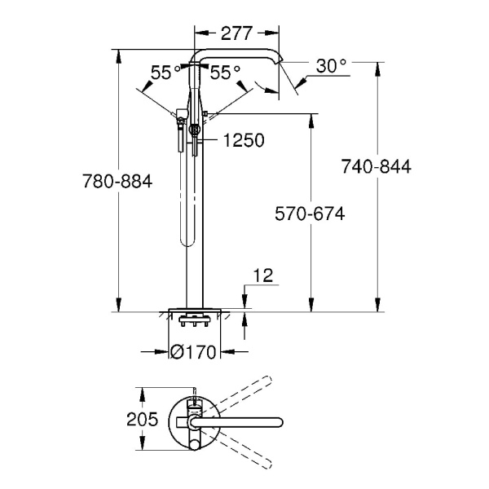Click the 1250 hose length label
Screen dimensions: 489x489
click(242, 140)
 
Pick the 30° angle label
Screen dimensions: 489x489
click(332, 66)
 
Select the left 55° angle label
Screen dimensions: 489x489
click(165, 73)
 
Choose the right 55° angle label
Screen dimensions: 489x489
click(225, 73)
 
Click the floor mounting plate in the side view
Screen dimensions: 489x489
click(196, 310)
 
